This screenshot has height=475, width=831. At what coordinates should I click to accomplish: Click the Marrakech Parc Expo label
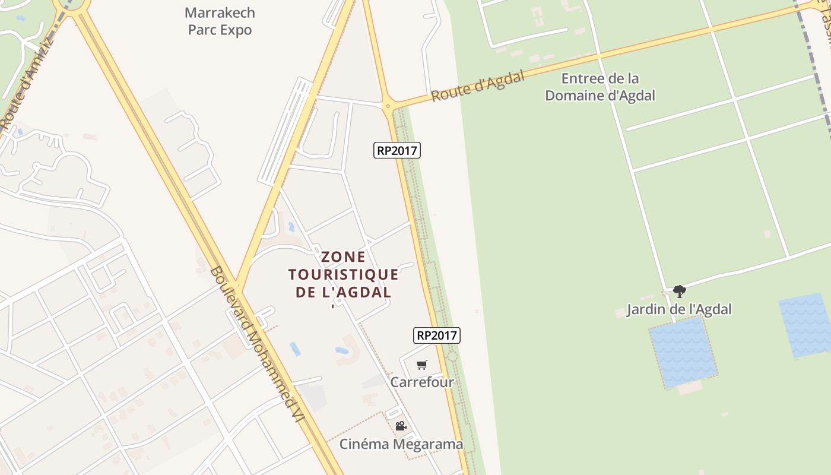click(x=220, y=21)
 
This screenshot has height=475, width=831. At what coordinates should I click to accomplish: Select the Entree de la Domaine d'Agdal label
click(x=600, y=87)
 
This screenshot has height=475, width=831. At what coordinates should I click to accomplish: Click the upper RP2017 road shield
click(x=397, y=151)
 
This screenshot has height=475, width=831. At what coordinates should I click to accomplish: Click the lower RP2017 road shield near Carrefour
click(x=437, y=335)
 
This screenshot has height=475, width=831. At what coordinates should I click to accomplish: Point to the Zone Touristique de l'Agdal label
click(x=343, y=275)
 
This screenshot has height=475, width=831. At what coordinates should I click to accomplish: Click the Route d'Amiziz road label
click(x=27, y=83)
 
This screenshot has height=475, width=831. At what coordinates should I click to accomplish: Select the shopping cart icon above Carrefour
click(x=421, y=365)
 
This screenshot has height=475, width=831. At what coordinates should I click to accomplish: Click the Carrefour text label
click(x=421, y=382)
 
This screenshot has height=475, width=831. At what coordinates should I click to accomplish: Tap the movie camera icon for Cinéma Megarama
click(x=401, y=426)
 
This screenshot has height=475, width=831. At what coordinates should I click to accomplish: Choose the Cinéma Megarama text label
click(x=401, y=444)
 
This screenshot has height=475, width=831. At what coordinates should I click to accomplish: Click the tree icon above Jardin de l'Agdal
click(x=680, y=291)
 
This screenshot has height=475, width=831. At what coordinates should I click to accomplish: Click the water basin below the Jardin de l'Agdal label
click(x=683, y=352)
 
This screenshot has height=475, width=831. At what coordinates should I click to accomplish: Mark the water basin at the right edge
click(x=806, y=325)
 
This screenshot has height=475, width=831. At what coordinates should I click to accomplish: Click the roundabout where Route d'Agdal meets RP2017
click(x=388, y=107)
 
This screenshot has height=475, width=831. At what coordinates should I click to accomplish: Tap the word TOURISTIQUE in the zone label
click(x=343, y=275)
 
